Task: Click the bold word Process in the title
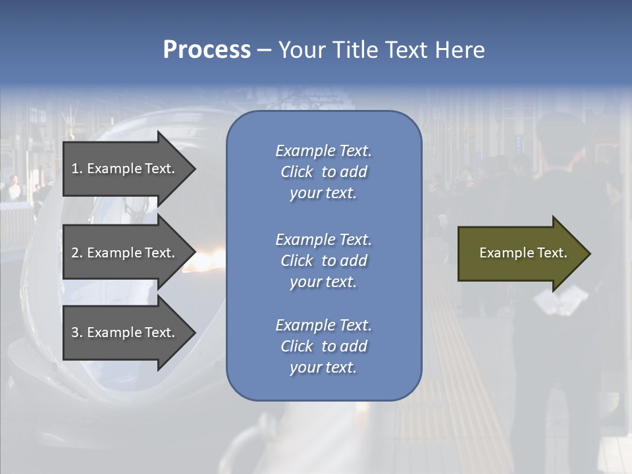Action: [x=207, y=50]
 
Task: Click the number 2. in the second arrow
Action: [x=76, y=253]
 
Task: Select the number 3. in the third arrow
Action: [x=76, y=332]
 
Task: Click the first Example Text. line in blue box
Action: [x=323, y=151]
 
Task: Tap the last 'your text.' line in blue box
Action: [x=323, y=367]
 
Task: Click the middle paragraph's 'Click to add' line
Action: [x=323, y=261]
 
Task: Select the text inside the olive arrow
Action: [x=523, y=253]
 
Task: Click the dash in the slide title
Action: [x=264, y=51]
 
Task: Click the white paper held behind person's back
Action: [x=560, y=301]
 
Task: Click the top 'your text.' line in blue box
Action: [x=323, y=193]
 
